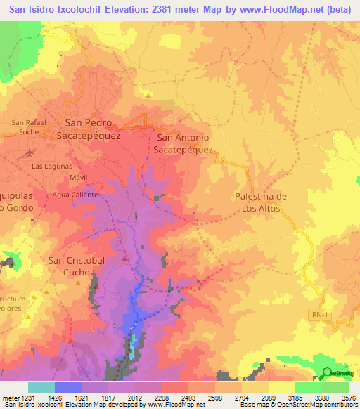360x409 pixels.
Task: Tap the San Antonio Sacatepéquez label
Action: point(184,144)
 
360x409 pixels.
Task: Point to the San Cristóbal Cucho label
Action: point(76,266)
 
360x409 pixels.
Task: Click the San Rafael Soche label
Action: point(29,126)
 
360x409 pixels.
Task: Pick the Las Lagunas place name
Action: point(52,166)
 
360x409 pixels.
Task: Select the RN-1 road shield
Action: point(319,315)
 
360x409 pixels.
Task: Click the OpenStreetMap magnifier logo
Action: point(328,373)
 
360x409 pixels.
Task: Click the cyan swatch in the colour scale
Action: point(41,387)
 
